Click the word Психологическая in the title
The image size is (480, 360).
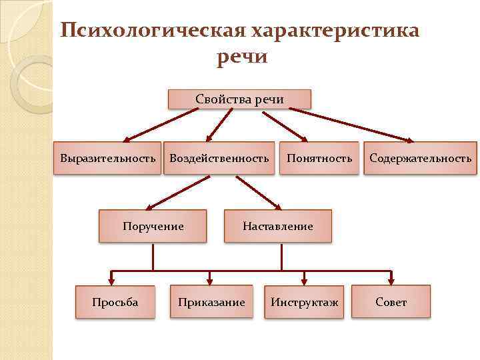[153, 31]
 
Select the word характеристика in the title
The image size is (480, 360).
[335, 31]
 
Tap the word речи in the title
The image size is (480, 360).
[242, 56]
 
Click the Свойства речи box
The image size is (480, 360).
[240, 99]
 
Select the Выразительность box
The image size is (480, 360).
[107, 158]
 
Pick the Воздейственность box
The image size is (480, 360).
[219, 158]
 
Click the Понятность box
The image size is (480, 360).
[319, 158]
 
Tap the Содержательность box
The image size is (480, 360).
[420, 158]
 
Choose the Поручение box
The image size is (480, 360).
[153, 226]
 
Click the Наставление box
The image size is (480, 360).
[277, 226]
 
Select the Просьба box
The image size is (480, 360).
[115, 302]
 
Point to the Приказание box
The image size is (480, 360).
[211, 302]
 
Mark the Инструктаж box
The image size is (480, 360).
[304, 302]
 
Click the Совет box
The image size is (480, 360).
[391, 302]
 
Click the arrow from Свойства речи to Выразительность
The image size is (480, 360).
[161, 125]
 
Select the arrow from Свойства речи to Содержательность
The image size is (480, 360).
[351, 125]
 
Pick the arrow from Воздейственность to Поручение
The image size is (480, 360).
[177, 193]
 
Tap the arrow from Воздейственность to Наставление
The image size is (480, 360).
[259, 193]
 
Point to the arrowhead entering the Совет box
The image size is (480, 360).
[391, 281]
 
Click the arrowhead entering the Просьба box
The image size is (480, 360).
[111, 281]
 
